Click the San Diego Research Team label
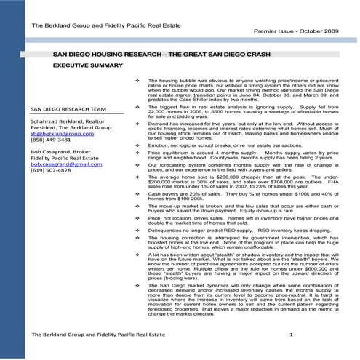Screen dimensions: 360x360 68,110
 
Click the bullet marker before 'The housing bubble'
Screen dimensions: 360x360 137,80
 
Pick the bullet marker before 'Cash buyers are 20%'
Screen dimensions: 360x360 137,194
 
